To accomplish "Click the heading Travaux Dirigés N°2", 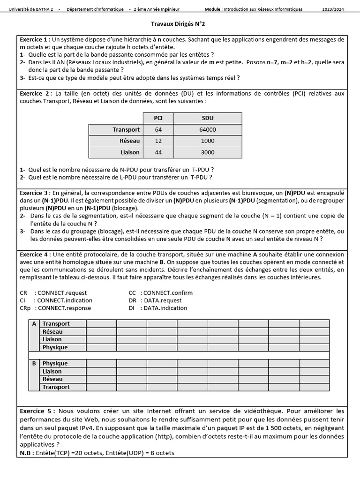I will [178, 24].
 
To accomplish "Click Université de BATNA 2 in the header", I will [31, 9].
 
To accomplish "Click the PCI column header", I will [158, 118].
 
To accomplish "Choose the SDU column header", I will [208, 118].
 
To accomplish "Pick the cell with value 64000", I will [208, 129].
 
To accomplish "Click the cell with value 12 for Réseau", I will [158, 141].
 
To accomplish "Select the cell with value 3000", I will [208, 152].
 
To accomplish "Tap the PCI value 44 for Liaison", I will [158, 152].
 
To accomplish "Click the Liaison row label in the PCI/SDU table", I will [130, 152].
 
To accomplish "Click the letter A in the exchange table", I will [34, 324].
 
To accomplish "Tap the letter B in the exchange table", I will [34, 363].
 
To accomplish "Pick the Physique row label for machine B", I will [55, 363].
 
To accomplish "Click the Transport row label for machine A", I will [56, 324].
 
